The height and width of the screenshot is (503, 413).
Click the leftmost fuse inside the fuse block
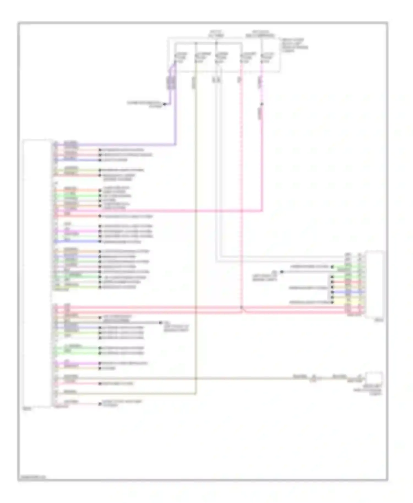coord(181,58)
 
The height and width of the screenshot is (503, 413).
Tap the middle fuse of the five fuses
coord(222,58)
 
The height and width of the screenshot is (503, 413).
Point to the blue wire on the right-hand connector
coord(355,292)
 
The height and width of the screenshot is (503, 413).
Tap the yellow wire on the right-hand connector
coord(355,302)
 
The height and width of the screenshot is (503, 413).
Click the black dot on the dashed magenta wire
coord(262,104)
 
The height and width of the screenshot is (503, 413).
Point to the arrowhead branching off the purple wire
coord(165,104)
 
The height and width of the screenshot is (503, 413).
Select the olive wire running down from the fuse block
coord(195,220)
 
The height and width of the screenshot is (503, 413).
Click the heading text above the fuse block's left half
coord(216,34)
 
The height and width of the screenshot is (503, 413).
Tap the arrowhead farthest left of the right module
coord(281,272)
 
